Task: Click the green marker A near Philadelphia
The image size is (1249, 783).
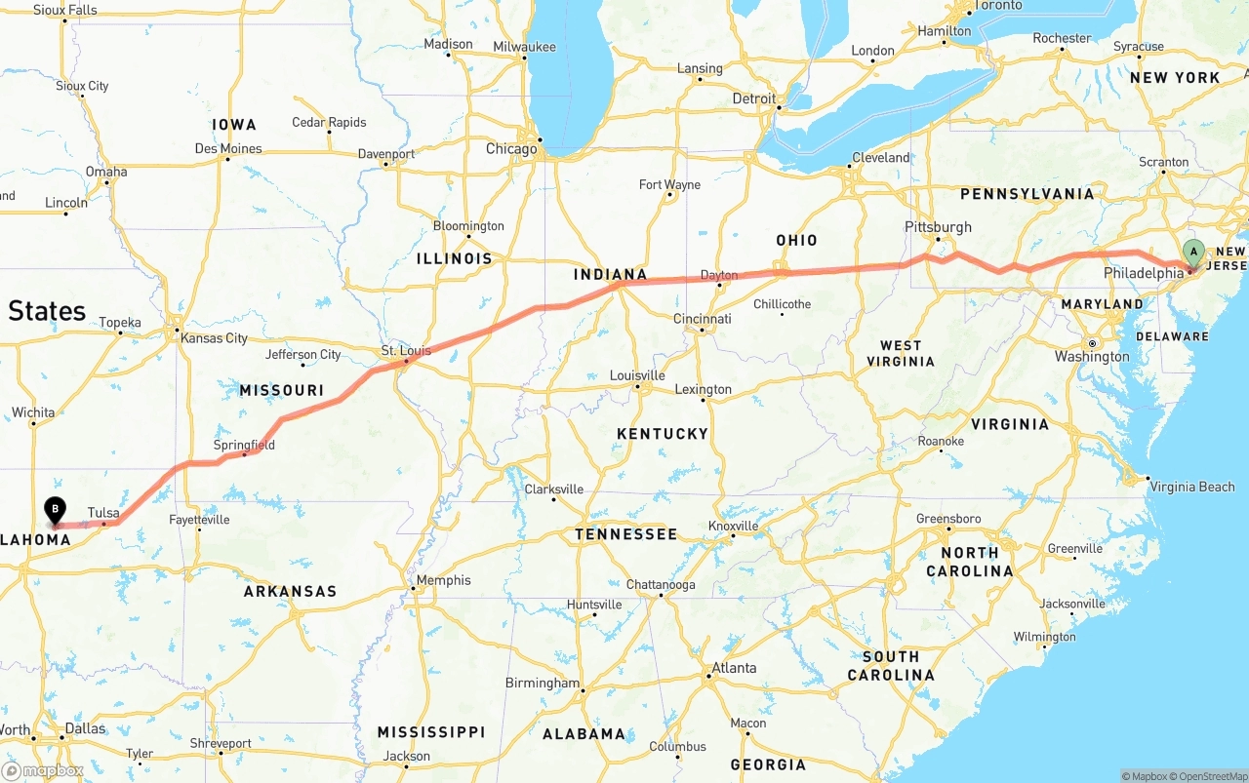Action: click(1193, 253)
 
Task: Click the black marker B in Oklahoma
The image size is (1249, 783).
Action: click(56, 508)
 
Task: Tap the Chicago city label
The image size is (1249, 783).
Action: click(511, 149)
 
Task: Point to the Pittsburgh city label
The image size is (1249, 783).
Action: click(938, 227)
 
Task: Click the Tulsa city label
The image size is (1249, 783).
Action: click(103, 513)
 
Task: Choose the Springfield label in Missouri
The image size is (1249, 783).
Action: click(244, 446)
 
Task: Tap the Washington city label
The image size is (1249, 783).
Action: click(1092, 357)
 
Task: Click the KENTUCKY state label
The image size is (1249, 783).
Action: click(662, 434)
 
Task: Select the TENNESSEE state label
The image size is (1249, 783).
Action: click(625, 534)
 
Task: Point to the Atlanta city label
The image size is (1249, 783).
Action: click(733, 668)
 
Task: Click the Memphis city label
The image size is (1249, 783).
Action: click(443, 581)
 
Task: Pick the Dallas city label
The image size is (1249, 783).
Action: click(85, 728)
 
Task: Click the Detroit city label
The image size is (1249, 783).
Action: click(753, 98)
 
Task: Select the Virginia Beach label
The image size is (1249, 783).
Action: click(1191, 487)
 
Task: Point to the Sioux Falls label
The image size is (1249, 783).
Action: click(65, 11)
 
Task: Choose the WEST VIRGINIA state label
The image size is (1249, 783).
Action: click(900, 353)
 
